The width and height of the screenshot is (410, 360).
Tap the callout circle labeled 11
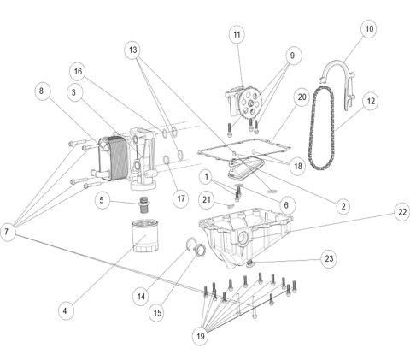237,34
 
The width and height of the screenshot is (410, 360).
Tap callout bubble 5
102,201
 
